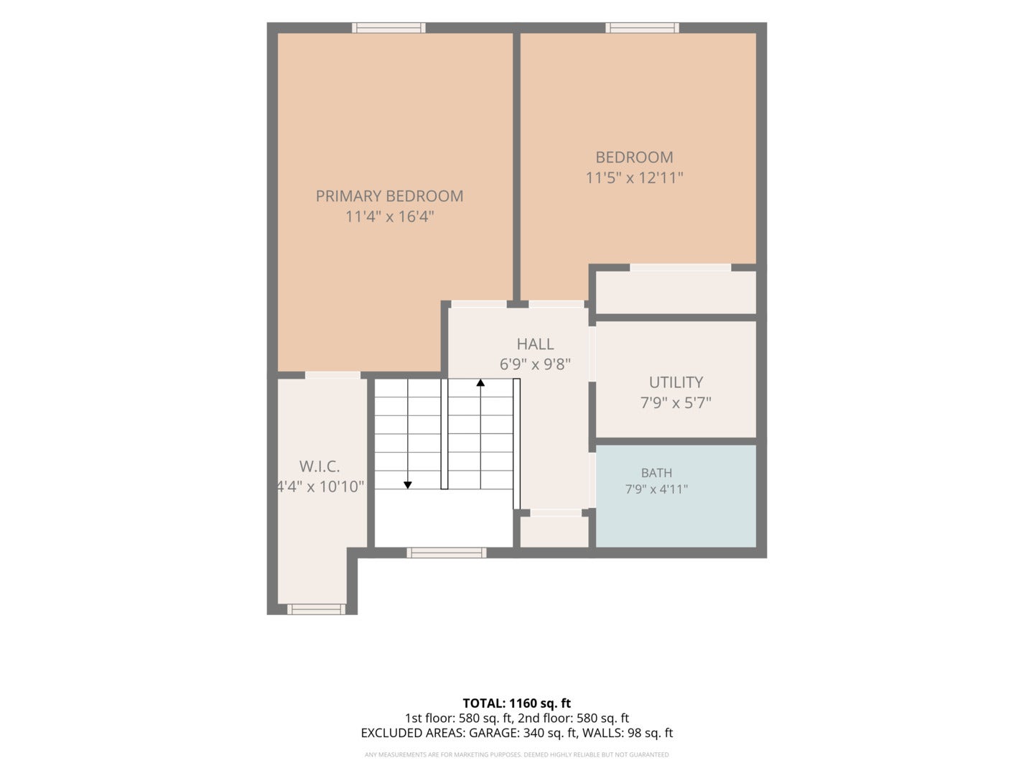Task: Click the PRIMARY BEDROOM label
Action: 389,196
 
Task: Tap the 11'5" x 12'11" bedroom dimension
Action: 634,177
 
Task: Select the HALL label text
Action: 535,344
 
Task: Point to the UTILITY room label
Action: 676,382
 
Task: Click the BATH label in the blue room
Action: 657,473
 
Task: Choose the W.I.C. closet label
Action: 320,466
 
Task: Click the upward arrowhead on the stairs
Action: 480,382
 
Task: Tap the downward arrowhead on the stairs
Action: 408,485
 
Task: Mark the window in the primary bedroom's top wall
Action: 388,28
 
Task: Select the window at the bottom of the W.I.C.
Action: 316,609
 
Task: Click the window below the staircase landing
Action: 446,553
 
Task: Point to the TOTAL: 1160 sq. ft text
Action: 517,703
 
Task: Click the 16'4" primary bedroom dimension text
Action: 416,217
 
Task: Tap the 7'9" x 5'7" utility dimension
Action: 676,403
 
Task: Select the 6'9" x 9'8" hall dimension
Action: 535,364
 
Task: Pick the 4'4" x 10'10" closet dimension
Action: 320,486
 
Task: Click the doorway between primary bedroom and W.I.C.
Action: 332,375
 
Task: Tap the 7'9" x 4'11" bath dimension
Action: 657,489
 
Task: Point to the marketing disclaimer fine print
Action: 517,754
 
